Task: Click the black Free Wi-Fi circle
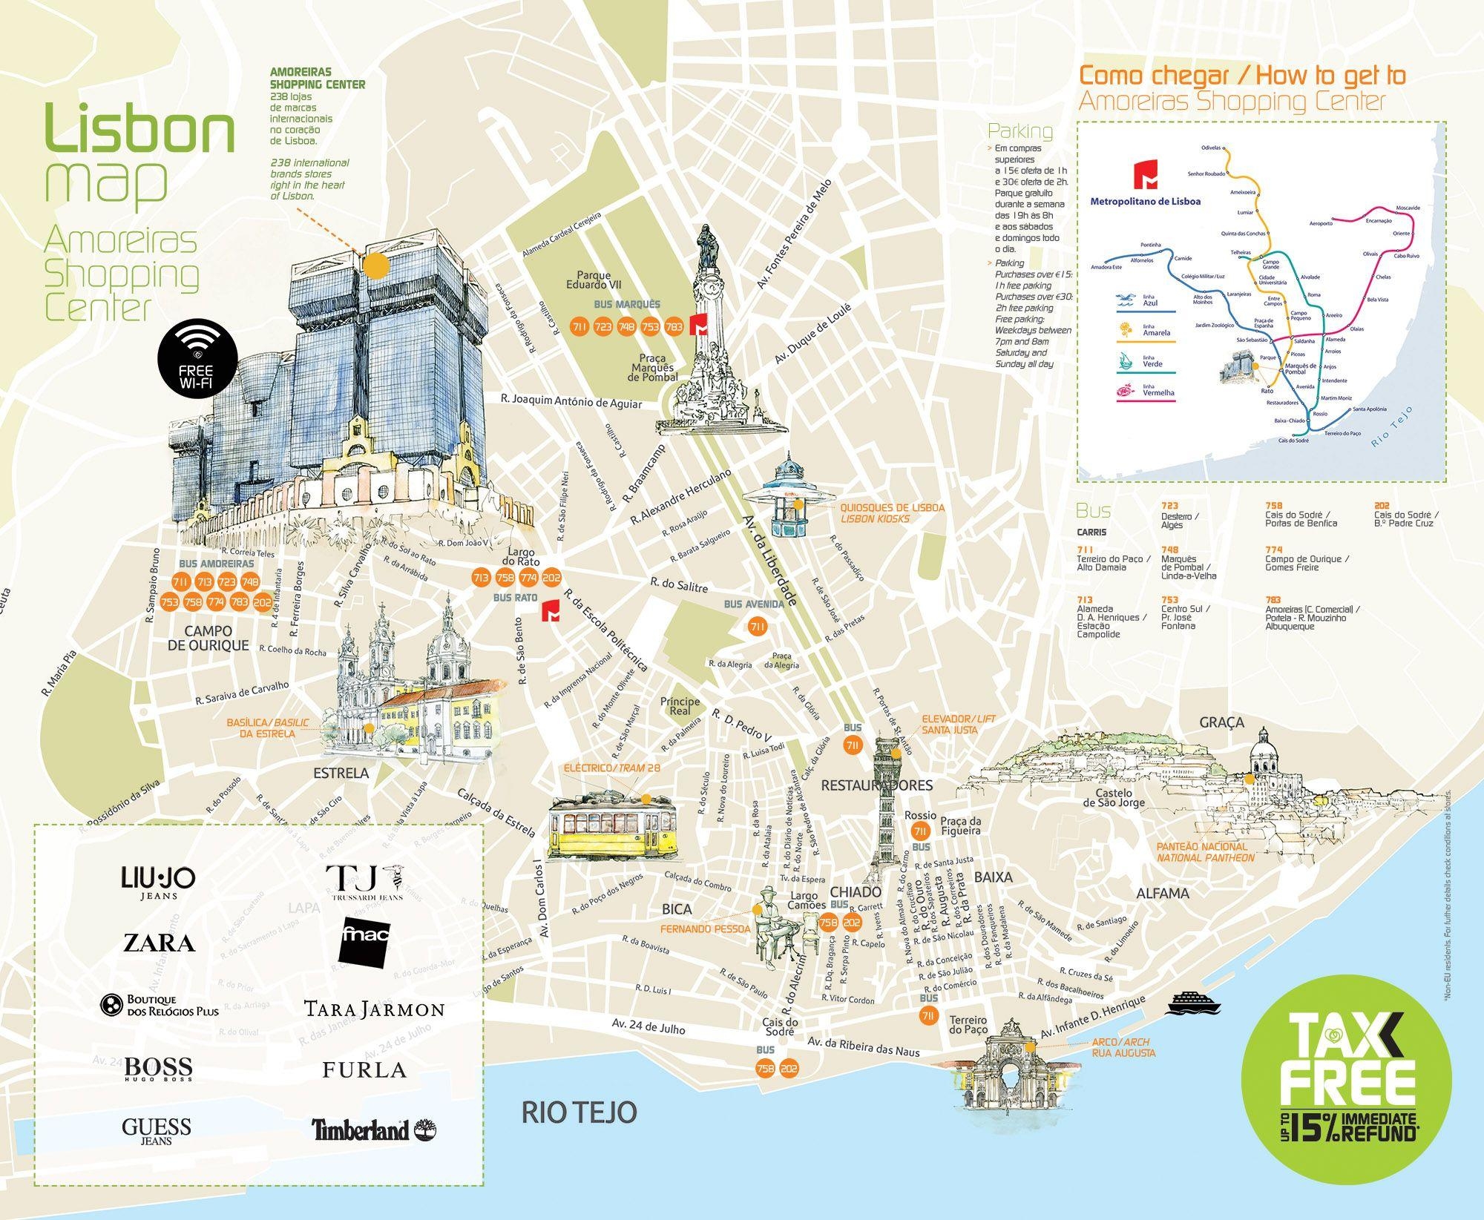(197, 359)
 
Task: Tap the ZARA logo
(159, 943)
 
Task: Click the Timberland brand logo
(373, 1130)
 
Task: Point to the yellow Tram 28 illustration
(613, 828)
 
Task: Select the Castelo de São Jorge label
(1114, 798)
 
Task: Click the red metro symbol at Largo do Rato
(551, 612)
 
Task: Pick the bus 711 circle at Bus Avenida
(757, 627)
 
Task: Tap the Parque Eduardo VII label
(594, 280)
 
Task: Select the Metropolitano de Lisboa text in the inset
(1145, 201)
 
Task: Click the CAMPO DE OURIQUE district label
(208, 639)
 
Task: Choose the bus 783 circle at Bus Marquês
(674, 326)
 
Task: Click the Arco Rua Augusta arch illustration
(1010, 1068)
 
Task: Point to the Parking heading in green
(1020, 131)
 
